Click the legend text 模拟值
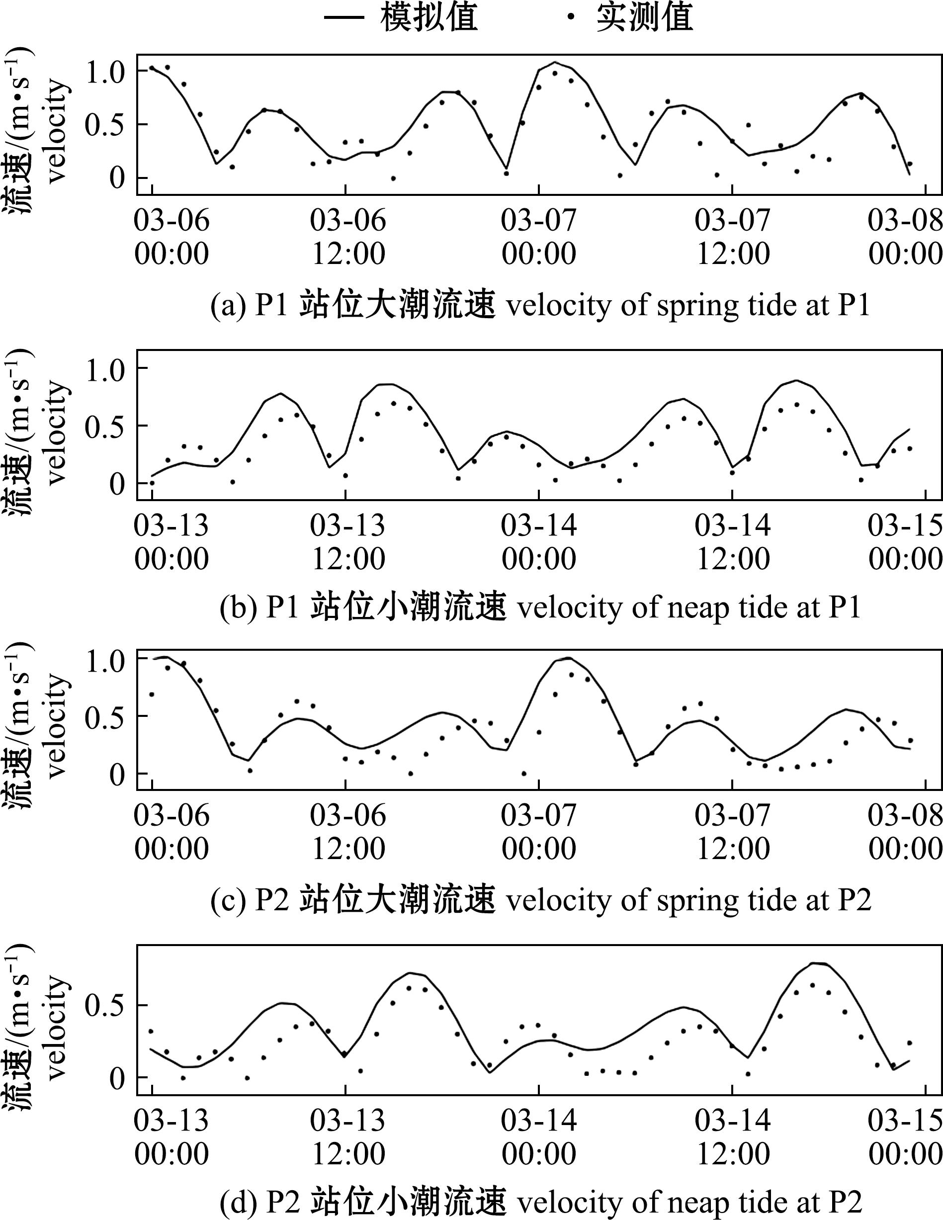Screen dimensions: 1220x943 tap(429, 17)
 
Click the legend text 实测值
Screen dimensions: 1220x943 tap(645, 17)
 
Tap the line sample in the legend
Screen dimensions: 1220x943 tap(343, 17)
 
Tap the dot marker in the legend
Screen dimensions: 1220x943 tap(570, 17)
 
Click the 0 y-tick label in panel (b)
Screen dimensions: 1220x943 tap(117, 484)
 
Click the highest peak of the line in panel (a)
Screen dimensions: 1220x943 tap(555, 62)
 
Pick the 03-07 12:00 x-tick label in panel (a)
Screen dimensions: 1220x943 tap(733, 237)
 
